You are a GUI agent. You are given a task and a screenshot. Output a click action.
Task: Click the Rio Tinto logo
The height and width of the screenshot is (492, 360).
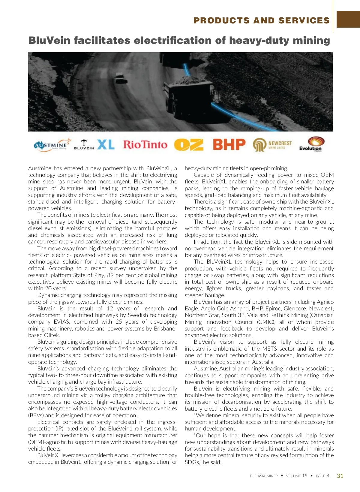point(145,145)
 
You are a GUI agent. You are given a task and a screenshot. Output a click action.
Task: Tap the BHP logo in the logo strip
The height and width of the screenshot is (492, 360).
point(229,144)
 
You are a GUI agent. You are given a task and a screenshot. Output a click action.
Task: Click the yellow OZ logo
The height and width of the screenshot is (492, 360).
point(188,145)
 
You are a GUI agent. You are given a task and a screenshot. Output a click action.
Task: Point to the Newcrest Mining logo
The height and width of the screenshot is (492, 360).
point(272,145)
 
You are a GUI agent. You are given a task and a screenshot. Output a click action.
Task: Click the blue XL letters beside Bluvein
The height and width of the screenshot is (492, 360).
point(106,145)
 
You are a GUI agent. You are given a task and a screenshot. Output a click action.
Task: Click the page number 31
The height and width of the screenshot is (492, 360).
point(340,476)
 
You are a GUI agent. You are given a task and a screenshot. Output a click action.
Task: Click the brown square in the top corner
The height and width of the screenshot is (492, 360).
point(348,19)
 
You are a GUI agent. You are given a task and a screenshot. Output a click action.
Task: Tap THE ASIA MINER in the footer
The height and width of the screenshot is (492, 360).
point(264,476)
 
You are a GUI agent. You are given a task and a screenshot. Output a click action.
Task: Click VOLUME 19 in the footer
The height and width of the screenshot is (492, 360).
point(296,476)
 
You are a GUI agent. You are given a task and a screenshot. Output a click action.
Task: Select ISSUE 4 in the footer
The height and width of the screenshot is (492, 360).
point(322,476)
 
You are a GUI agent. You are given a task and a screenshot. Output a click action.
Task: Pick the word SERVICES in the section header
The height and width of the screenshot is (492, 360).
point(304,20)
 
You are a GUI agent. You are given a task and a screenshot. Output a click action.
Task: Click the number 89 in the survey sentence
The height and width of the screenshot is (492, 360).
point(110,275)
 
